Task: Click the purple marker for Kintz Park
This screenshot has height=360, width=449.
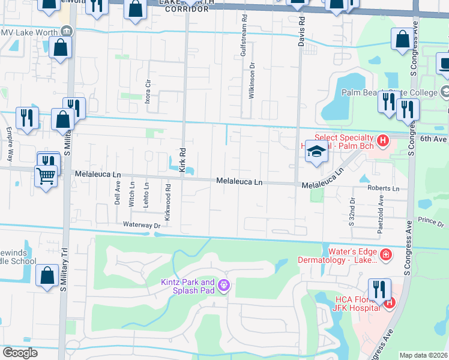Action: click(x=224, y=285)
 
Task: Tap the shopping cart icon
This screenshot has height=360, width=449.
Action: click(x=46, y=176)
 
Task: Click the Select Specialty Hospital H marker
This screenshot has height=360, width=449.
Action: click(x=384, y=140)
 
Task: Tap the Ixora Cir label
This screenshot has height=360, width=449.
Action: click(x=148, y=90)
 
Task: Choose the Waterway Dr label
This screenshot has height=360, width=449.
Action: click(x=142, y=225)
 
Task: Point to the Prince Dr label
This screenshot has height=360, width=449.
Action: click(x=431, y=221)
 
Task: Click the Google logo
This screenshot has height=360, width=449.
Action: click(x=20, y=353)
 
